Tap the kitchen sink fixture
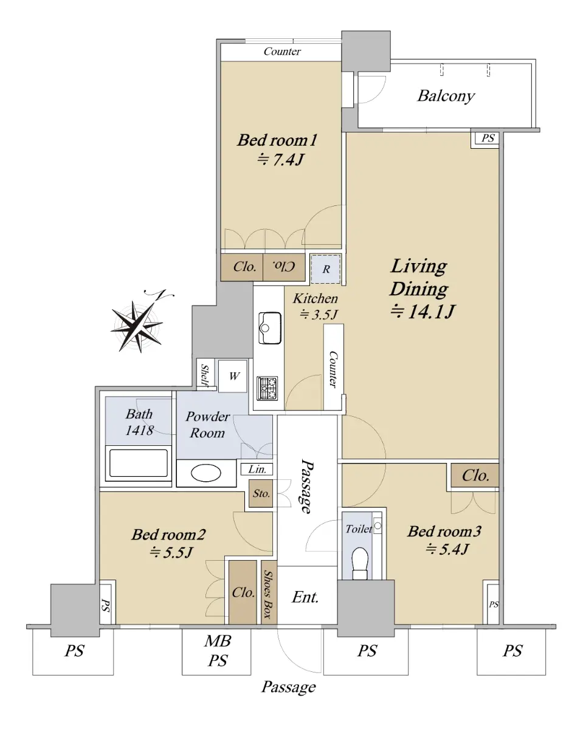(270, 328)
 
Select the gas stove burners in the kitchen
(267, 388)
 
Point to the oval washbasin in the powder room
(205, 473)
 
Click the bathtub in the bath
(138, 463)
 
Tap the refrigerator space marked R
(326, 269)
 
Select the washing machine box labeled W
(232, 376)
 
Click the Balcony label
(446, 96)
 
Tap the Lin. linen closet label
(257, 470)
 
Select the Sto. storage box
(261, 493)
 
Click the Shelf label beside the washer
(204, 375)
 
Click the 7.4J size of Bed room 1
(280, 160)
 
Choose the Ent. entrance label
(305, 597)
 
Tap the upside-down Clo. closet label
(284, 267)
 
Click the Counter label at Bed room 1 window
(282, 52)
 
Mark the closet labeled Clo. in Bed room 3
(475, 475)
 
